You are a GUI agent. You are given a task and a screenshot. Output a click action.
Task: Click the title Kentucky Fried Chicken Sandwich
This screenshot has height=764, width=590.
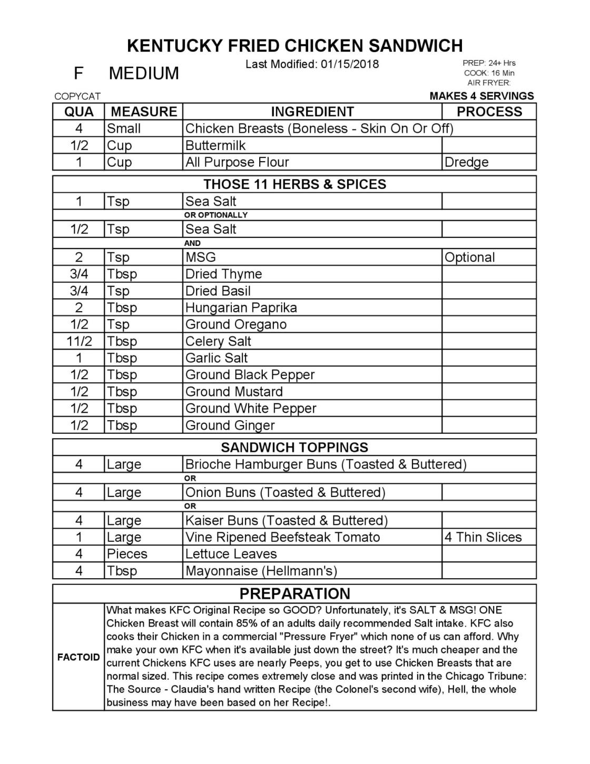tap(294, 46)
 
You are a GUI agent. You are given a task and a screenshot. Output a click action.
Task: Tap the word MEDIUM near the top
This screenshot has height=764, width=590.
tap(143, 73)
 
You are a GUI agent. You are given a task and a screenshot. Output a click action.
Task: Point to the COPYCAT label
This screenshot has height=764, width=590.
tap(77, 96)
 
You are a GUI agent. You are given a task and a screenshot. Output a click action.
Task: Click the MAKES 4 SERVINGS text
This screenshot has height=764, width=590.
tap(481, 96)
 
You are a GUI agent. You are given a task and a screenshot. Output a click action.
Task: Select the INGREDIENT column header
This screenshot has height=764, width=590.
tap(312, 112)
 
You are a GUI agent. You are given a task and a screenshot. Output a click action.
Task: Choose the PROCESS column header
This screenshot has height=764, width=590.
tap(489, 112)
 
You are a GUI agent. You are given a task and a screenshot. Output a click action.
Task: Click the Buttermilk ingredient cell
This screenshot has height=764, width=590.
tap(215, 145)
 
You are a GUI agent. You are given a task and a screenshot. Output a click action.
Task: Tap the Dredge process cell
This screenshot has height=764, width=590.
tap(466, 162)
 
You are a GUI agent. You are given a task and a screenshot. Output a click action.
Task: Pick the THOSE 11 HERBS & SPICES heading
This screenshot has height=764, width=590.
tap(294, 184)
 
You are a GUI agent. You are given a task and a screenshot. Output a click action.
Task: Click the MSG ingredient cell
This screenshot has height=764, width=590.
tap(201, 257)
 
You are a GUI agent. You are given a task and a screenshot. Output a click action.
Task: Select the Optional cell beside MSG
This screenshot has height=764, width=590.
tap(469, 257)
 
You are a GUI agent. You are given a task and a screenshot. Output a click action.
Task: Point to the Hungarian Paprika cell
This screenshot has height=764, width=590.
tap(241, 307)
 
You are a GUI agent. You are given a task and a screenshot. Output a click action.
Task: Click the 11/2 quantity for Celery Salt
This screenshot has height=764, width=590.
tap(79, 341)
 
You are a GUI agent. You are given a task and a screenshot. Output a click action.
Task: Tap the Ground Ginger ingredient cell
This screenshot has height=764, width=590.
tap(230, 425)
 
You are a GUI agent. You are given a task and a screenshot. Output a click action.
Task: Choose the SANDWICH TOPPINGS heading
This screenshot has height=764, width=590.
tap(294, 448)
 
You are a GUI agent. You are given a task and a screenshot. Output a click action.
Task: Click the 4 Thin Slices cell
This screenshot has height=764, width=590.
tap(483, 537)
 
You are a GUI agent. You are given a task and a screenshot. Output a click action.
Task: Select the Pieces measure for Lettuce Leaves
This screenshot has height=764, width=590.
tap(127, 554)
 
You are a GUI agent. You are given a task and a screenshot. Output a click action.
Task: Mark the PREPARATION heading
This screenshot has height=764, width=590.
tap(294, 594)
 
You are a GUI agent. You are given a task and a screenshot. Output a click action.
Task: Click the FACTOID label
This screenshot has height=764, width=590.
tap(78, 657)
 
